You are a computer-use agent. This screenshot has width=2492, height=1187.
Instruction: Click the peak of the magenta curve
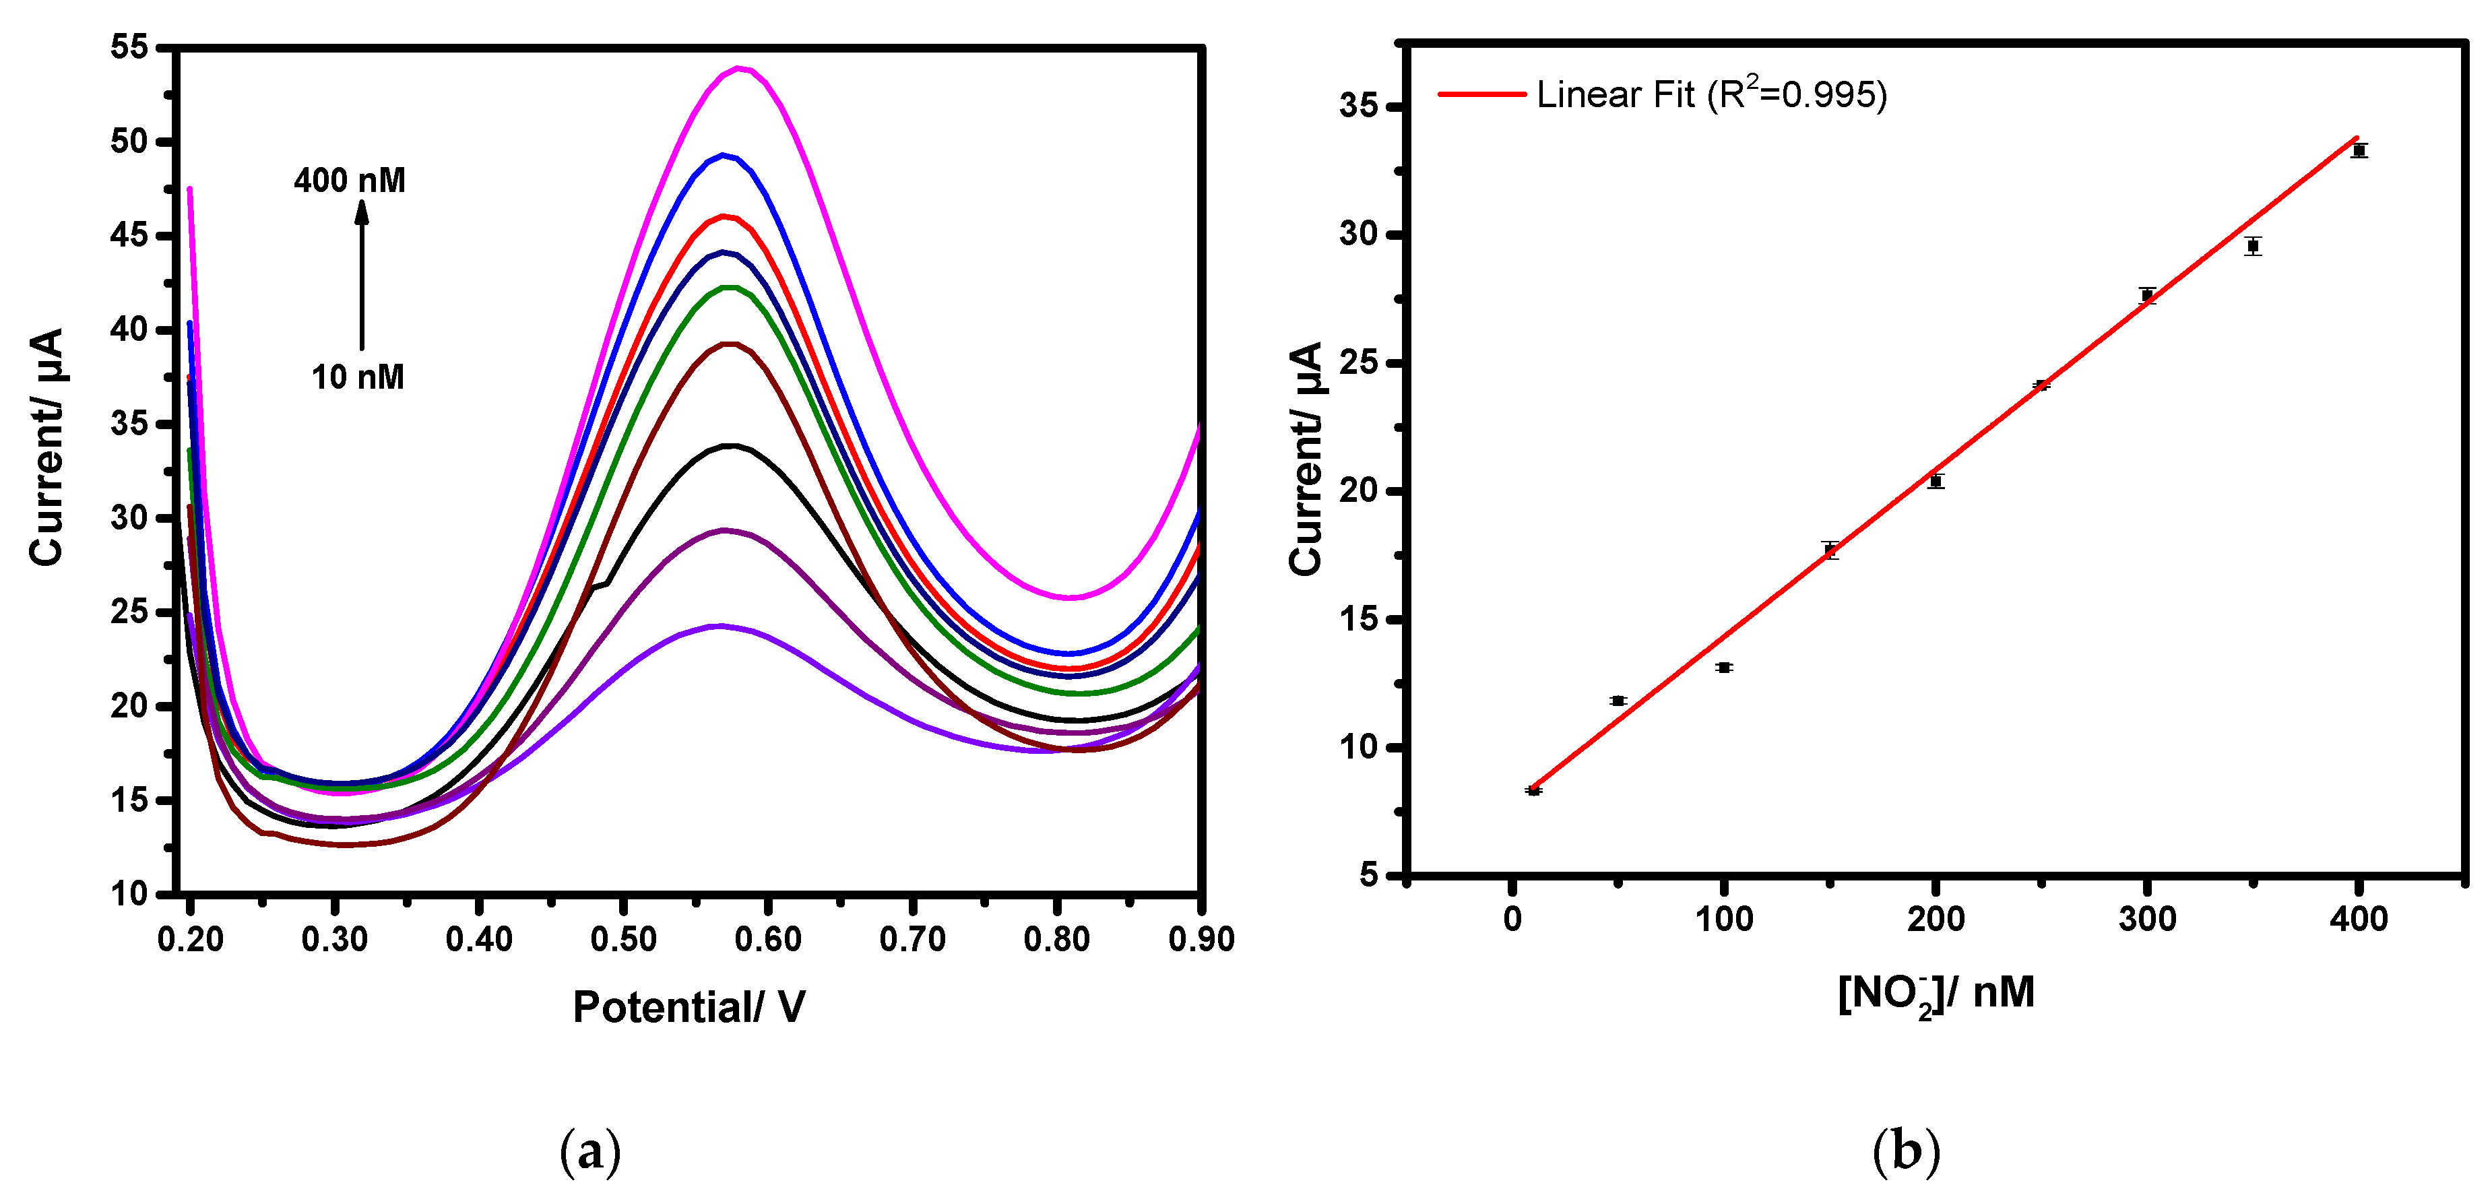740,68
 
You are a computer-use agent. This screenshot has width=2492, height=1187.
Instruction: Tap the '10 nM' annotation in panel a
357,377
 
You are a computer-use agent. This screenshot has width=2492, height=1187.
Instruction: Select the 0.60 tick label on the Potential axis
767,939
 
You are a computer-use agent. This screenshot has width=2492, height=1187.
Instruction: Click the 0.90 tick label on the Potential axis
1201,939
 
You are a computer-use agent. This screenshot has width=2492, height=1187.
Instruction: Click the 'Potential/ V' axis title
689,1007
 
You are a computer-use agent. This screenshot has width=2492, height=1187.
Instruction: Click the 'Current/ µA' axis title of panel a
46,447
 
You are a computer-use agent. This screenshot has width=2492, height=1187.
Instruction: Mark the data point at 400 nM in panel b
2359,151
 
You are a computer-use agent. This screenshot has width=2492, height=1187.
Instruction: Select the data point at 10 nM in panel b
1533,790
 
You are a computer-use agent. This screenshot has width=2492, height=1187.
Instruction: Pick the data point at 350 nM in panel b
2253,246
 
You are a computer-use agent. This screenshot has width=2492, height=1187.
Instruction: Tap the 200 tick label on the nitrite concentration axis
1936,919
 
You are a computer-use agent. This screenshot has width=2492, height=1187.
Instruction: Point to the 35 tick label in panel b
1358,106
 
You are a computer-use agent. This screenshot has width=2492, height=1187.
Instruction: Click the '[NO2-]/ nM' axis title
1936,994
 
